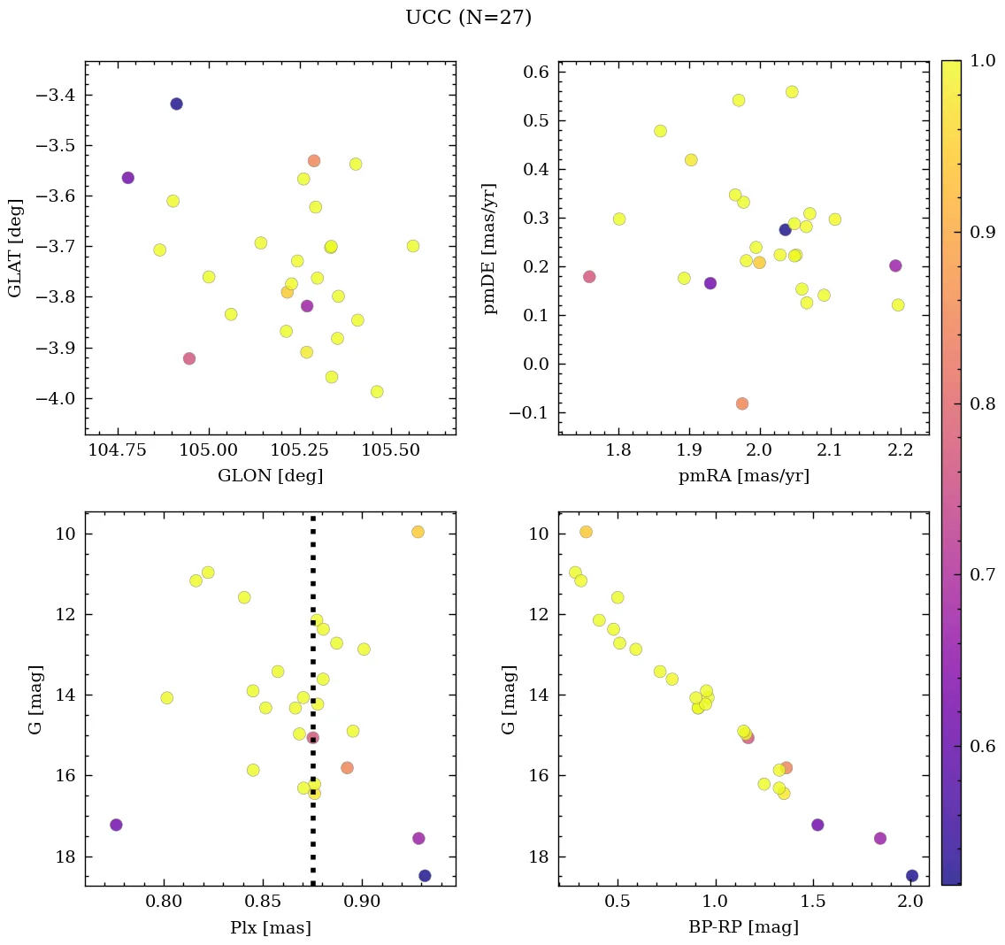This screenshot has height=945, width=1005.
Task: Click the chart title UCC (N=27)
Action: [468, 18]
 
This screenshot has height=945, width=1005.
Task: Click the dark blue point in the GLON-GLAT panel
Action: [176, 104]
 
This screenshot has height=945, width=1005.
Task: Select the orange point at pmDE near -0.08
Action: [741, 403]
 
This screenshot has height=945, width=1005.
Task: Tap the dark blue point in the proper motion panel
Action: [785, 230]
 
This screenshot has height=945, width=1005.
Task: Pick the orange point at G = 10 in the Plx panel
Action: [418, 532]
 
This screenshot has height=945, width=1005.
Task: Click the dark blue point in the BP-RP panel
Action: [912, 876]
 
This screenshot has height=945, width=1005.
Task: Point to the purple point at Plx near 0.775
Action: [116, 825]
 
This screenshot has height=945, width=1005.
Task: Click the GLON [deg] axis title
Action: [270, 476]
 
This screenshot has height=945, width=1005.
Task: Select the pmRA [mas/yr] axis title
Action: [743, 476]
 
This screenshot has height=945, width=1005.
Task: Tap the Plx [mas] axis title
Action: [270, 928]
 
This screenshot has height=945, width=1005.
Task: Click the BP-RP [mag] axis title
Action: [743, 928]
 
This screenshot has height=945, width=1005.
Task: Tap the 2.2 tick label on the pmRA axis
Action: [901, 450]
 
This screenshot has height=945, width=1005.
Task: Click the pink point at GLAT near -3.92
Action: [188, 358]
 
